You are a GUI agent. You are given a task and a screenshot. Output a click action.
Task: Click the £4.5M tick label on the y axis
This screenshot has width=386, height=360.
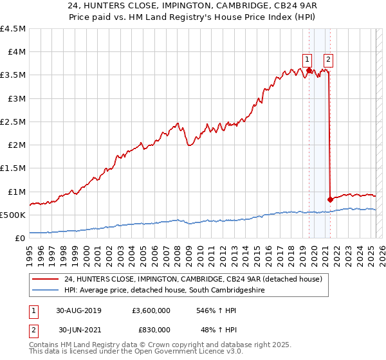point(14,29)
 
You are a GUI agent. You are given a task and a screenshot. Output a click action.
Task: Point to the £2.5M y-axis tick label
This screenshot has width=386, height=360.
point(14,122)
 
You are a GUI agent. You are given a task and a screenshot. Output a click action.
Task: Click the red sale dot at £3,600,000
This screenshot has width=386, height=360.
point(309,71)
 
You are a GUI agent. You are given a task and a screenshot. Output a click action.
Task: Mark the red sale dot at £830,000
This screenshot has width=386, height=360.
point(330,199)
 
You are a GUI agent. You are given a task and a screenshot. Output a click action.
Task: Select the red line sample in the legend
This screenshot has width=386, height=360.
point(45,278)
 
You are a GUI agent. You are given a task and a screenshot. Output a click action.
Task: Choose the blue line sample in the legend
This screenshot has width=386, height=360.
point(45,290)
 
